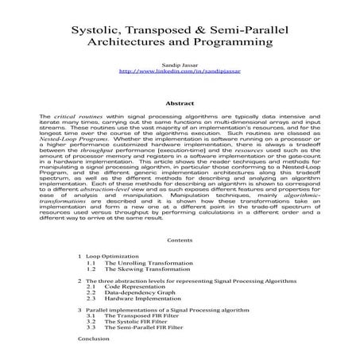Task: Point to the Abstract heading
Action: tap(180, 103)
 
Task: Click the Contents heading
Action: tap(180, 239)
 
